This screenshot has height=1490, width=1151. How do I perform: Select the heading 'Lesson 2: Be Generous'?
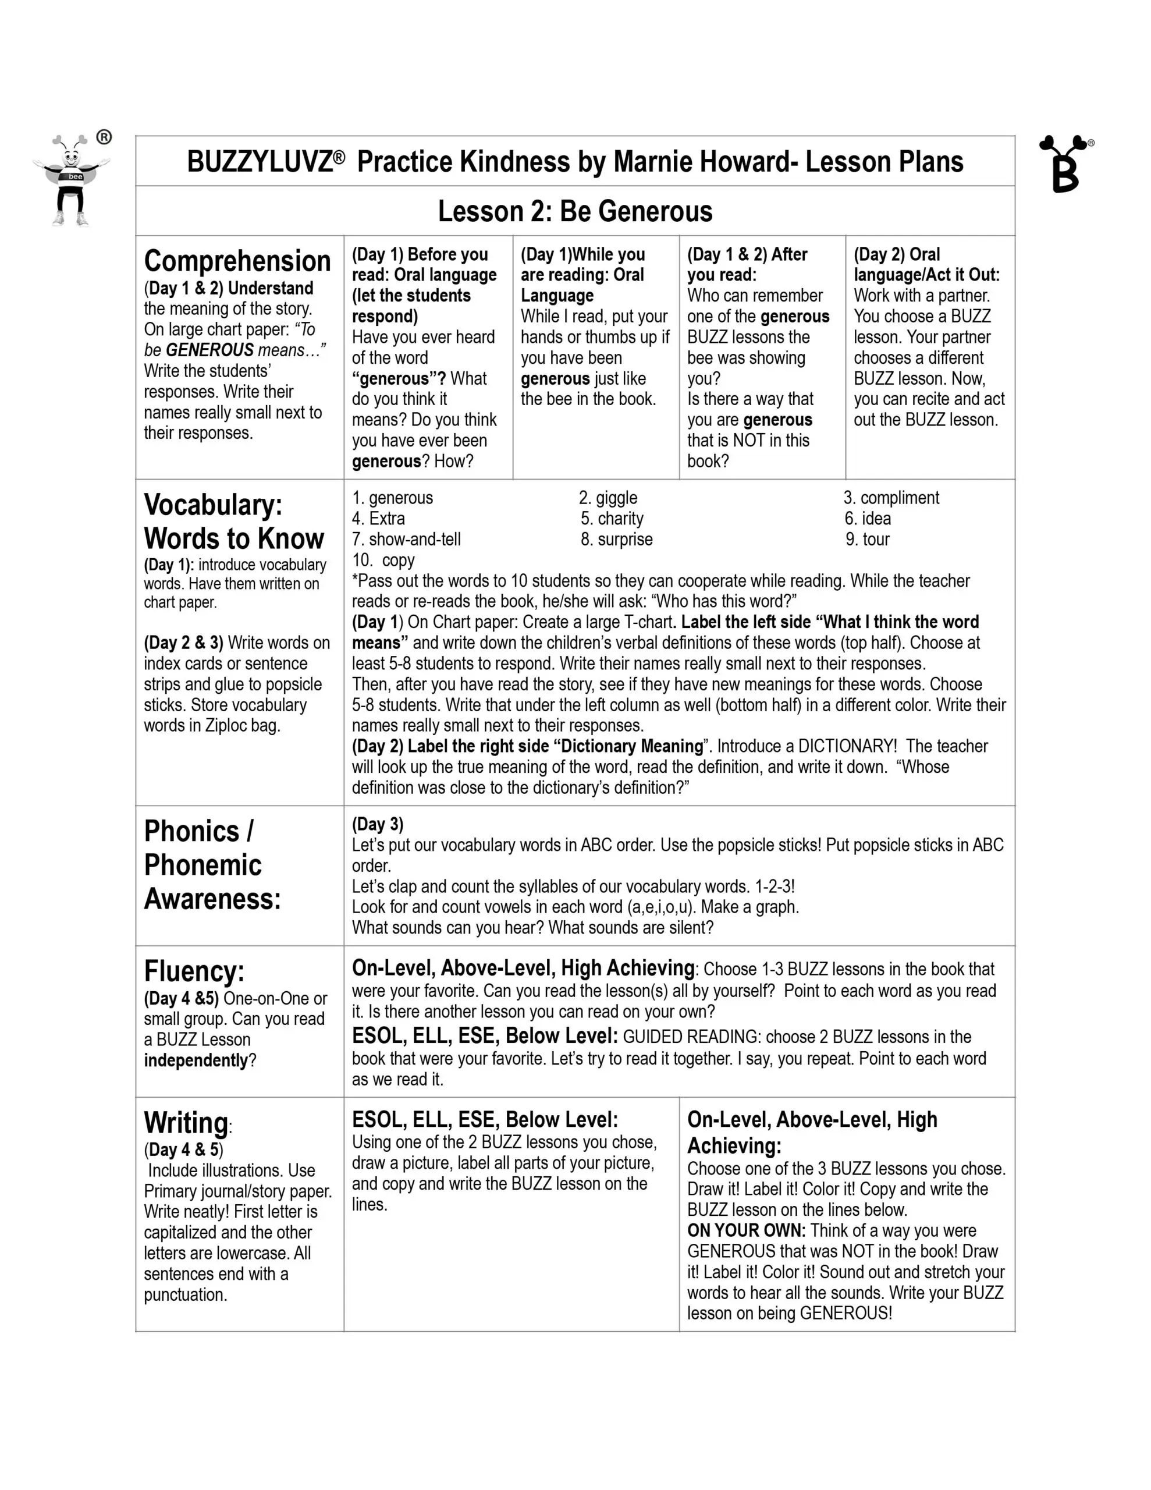(574, 211)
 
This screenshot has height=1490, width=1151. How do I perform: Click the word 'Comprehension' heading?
(237, 261)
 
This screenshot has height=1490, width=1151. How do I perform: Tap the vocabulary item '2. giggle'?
(608, 498)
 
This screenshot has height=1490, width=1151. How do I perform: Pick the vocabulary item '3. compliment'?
(891, 498)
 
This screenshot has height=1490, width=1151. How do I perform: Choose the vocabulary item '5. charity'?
(612, 519)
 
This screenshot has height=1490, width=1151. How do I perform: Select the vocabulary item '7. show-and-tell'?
(406, 540)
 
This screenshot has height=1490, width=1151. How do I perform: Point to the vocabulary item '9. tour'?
(867, 540)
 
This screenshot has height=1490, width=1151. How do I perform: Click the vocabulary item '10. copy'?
(383, 560)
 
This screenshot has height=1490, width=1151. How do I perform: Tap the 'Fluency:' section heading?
(194, 971)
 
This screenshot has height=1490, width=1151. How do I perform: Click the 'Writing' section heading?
(186, 1123)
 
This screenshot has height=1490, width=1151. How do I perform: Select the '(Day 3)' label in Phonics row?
(377, 824)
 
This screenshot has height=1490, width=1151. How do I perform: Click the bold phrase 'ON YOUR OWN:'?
(747, 1230)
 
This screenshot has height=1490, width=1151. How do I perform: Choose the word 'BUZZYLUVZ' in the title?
(260, 162)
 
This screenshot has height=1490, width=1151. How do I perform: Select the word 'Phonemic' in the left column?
(203, 865)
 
